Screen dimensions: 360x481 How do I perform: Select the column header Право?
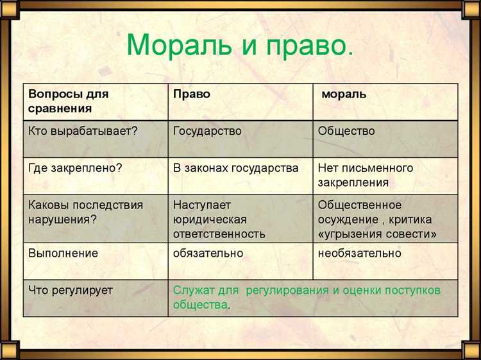[191, 94]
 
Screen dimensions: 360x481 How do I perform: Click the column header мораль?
[344, 94]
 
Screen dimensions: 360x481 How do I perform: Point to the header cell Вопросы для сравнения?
[68, 101]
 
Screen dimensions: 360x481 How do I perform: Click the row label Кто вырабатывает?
[83, 131]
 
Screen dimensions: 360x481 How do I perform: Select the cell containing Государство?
[207, 131]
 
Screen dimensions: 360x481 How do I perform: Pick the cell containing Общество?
[346, 131]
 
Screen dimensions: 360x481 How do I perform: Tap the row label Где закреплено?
[75, 168]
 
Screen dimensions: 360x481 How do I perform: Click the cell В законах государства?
[235, 168]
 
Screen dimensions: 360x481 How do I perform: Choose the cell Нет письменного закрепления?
[366, 175]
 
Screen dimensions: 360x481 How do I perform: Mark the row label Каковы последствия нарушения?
[85, 212]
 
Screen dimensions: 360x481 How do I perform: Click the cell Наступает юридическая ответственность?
[219, 219]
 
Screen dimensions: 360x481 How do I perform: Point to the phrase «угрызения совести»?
[377, 234]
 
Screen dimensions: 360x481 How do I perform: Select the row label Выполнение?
[63, 253]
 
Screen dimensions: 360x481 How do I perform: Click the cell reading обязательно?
[208, 253]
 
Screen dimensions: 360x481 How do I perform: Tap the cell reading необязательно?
[359, 253]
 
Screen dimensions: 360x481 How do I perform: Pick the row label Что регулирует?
[70, 290]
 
